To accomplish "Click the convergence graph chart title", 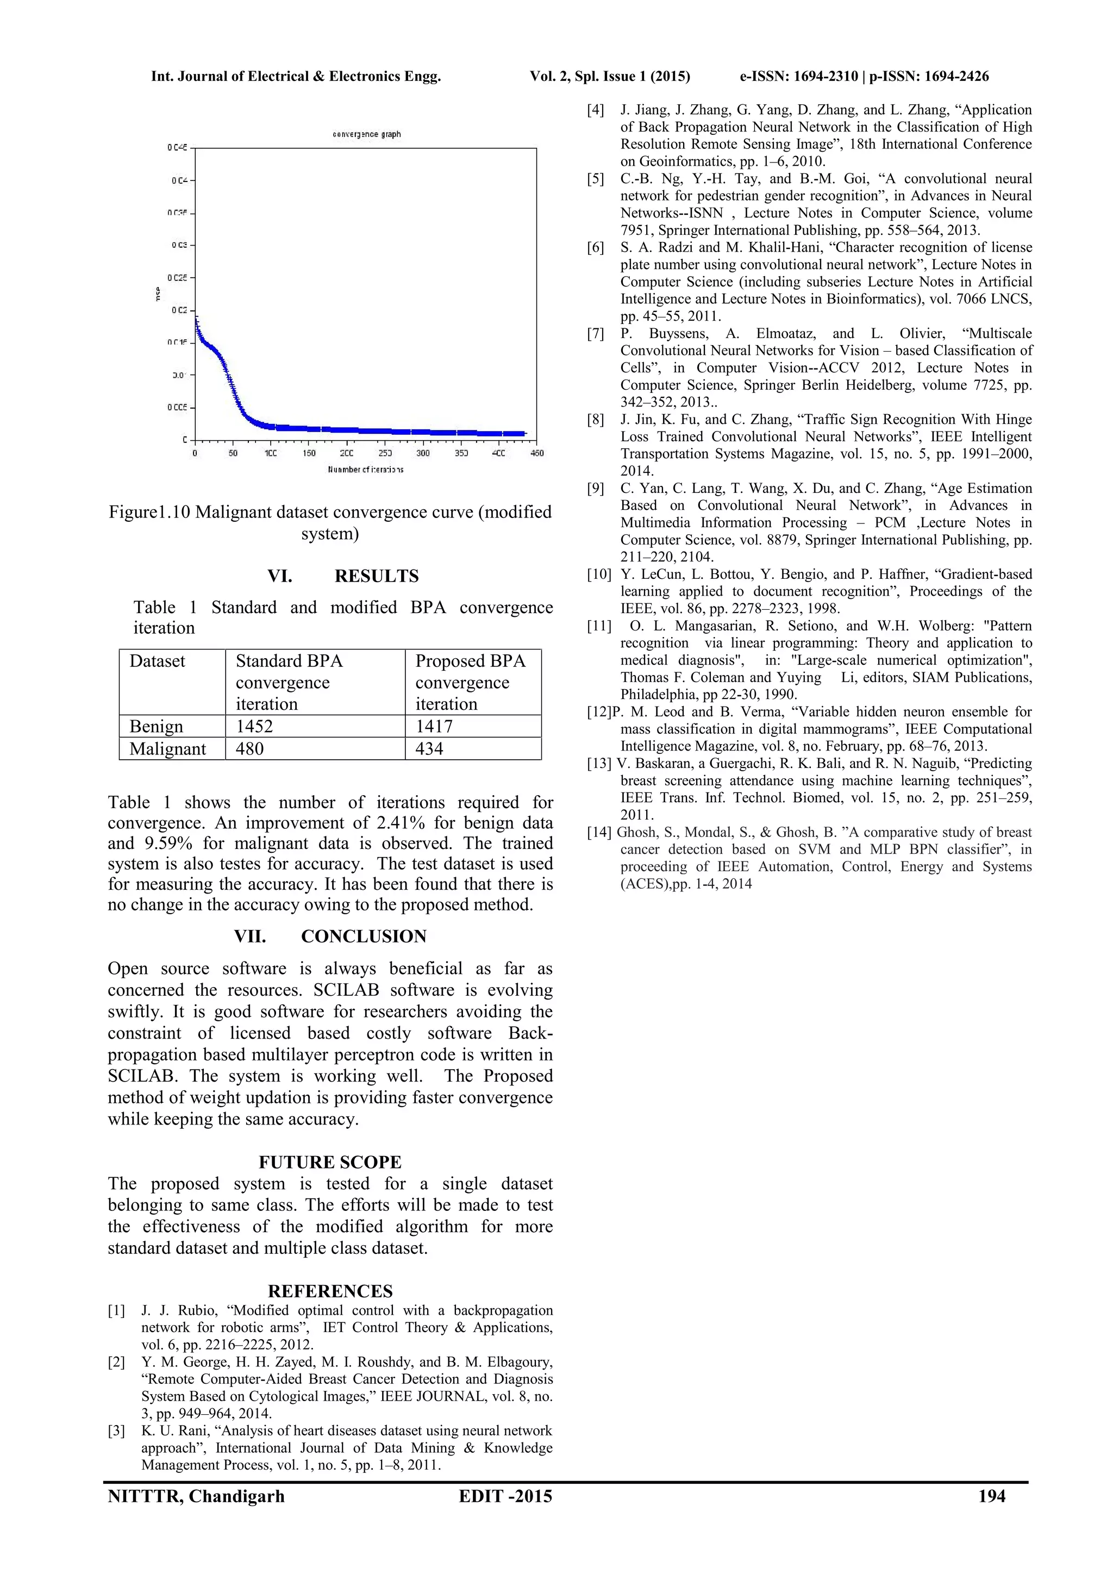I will click(x=367, y=134).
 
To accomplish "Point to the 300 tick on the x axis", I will click(x=423, y=453).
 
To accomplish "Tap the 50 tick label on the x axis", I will click(x=233, y=453).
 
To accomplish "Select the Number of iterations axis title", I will click(x=366, y=470).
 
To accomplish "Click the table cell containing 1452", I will click(x=254, y=726).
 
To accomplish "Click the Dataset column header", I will click(x=158, y=661).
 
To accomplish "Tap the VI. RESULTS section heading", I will click(x=343, y=576).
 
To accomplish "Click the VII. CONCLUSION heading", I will click(x=330, y=936).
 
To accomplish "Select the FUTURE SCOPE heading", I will click(x=330, y=1162).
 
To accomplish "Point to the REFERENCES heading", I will click(x=330, y=1291).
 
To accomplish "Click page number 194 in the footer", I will click(x=992, y=1496).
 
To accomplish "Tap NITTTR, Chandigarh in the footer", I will click(x=196, y=1496).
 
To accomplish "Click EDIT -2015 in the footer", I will click(x=505, y=1496).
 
